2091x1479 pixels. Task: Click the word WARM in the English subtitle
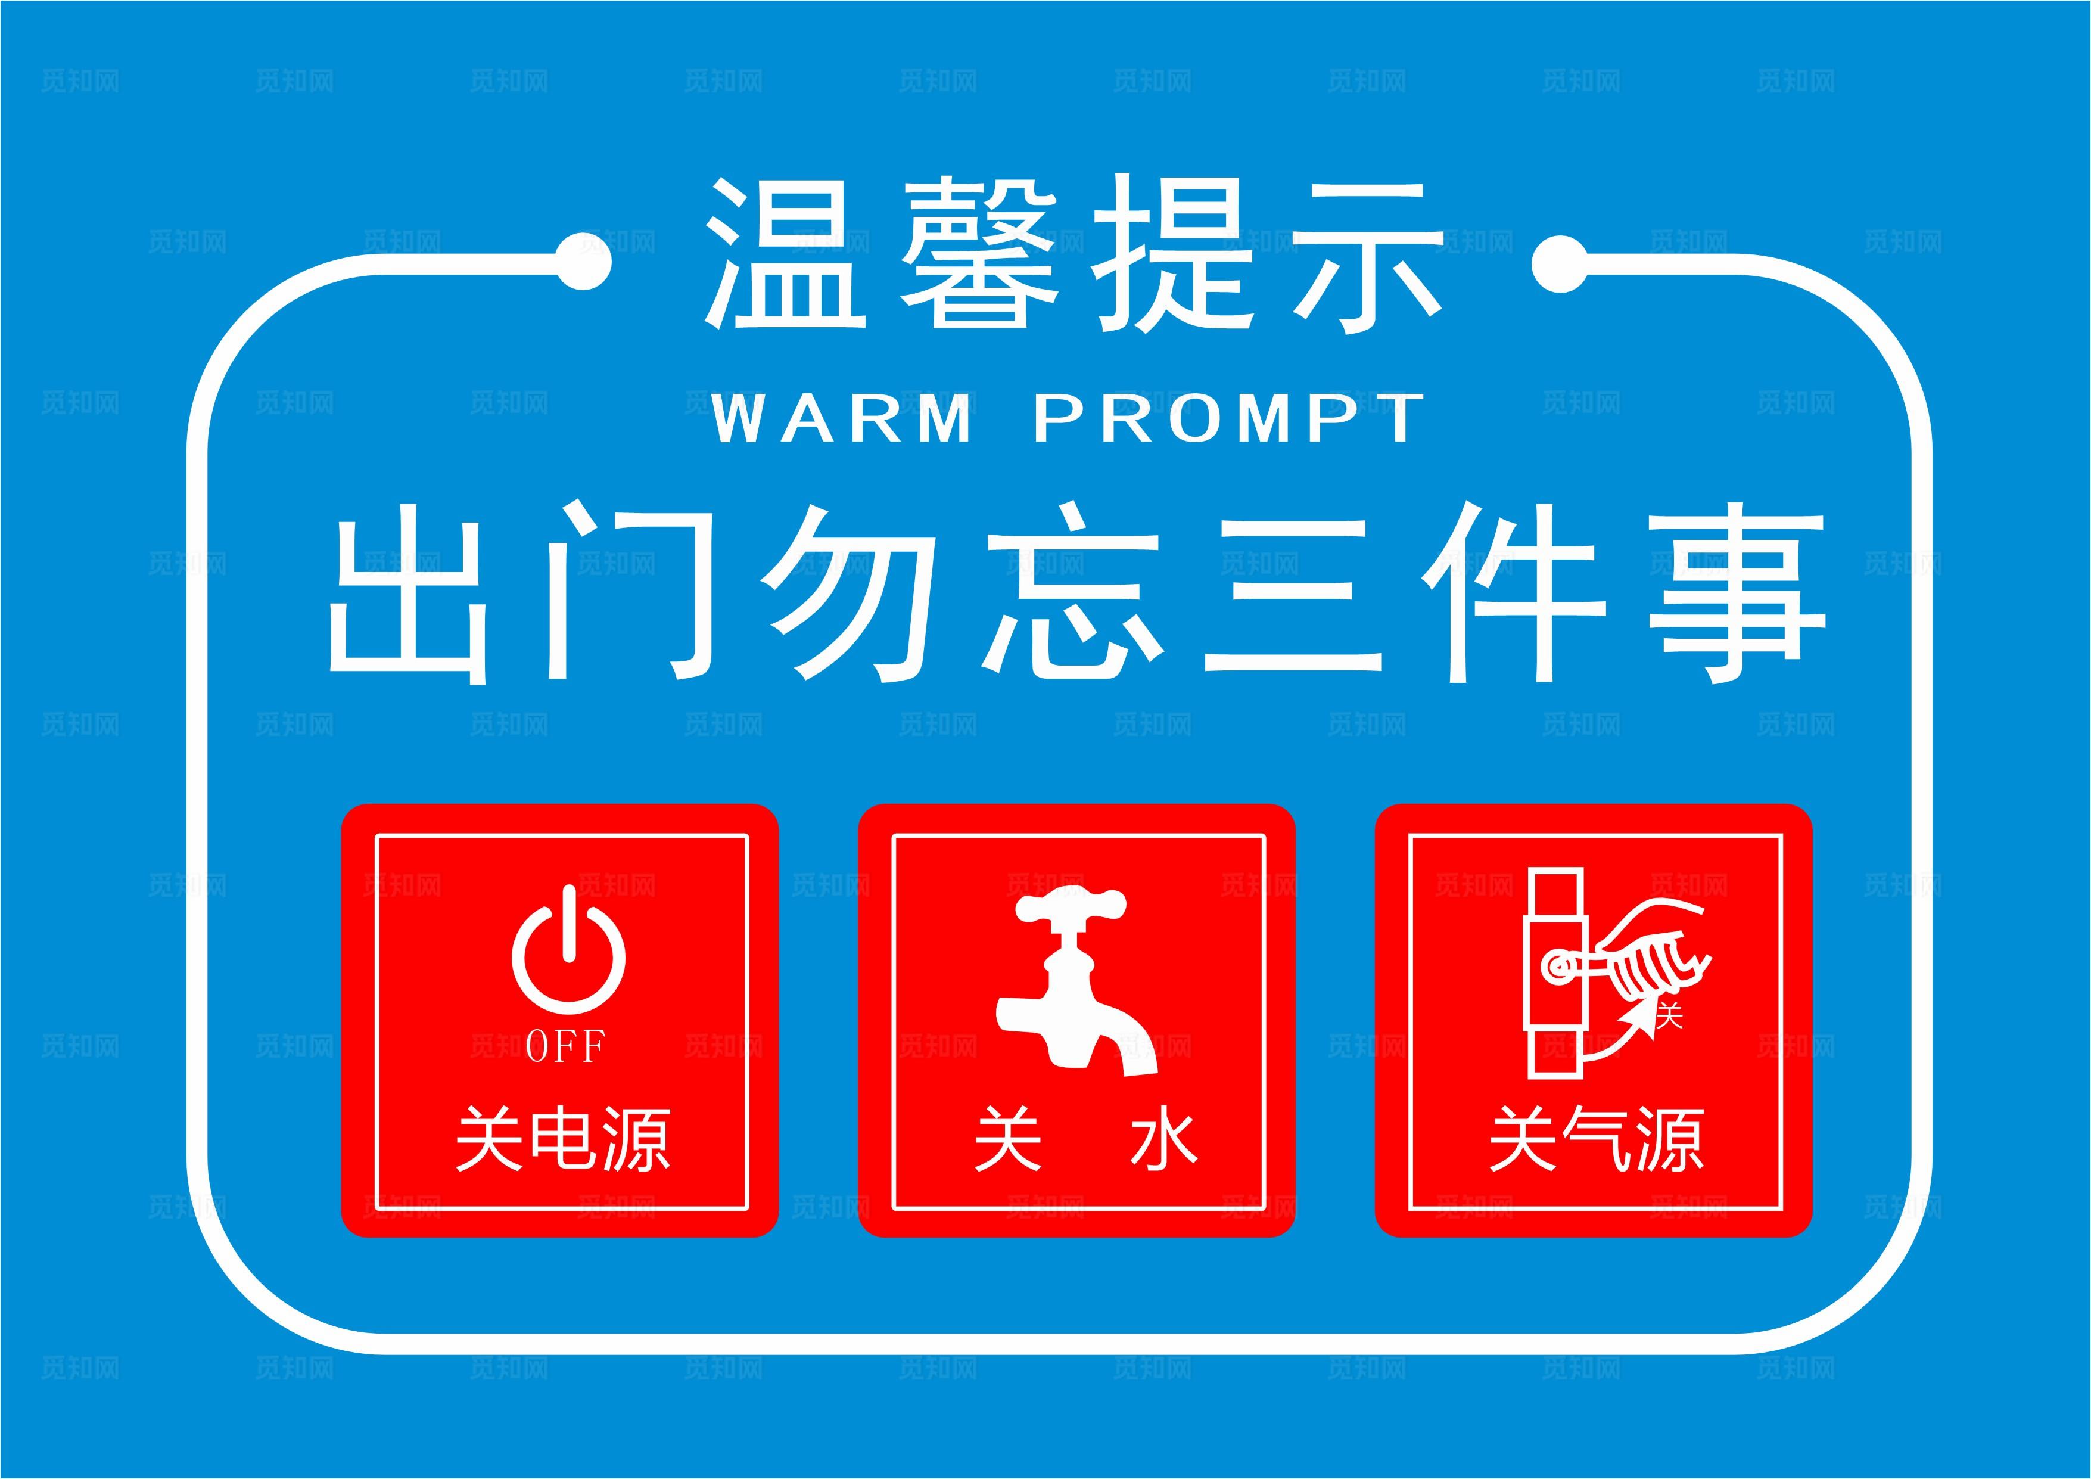click(x=842, y=419)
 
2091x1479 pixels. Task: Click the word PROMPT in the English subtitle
click(x=1230, y=419)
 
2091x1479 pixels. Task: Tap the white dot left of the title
click(x=583, y=263)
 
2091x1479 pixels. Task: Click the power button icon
click(x=568, y=952)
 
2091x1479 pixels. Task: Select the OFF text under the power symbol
click(x=565, y=1046)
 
